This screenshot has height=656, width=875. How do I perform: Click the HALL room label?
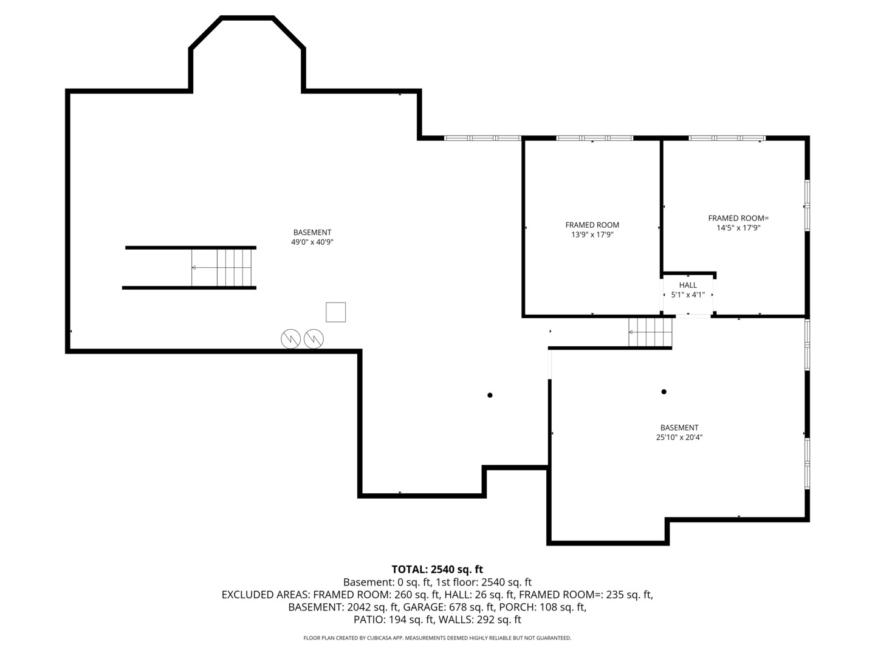click(x=688, y=285)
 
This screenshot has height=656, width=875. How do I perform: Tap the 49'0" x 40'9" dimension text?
click(x=312, y=242)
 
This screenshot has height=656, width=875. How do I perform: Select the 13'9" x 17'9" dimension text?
click(x=592, y=234)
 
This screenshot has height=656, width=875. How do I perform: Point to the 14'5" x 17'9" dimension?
click(x=738, y=228)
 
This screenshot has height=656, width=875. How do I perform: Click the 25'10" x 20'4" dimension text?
click(x=679, y=437)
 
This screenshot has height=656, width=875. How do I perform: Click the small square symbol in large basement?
click(x=335, y=312)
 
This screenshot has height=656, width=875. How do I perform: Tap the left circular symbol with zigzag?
click(x=291, y=338)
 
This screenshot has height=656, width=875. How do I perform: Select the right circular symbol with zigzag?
click(x=314, y=338)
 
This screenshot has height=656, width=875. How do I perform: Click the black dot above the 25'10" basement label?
click(x=664, y=392)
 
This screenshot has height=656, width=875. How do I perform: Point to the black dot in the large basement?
click(x=490, y=395)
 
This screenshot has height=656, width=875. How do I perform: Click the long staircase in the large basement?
click(x=221, y=267)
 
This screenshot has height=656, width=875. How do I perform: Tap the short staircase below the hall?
click(x=650, y=332)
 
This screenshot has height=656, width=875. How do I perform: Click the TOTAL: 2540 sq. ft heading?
click(x=437, y=569)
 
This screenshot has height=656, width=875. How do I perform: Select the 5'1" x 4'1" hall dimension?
click(x=688, y=295)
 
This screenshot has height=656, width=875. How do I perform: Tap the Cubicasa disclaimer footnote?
click(x=437, y=638)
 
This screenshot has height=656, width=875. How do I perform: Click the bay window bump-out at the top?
click(x=247, y=55)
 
